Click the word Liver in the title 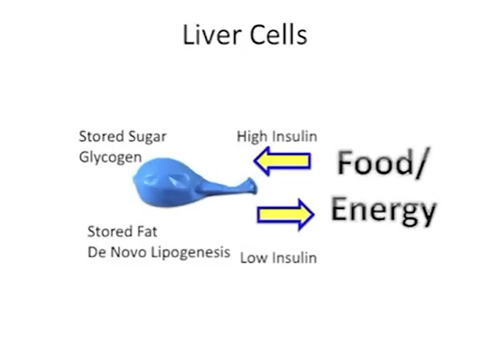(212, 34)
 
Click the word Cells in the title (279, 34)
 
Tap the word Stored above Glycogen (101, 136)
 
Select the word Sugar (148, 137)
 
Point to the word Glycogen (110, 158)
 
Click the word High (252, 137)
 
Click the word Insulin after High (295, 136)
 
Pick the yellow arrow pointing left (282, 161)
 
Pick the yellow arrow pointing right (285, 214)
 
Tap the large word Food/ (382, 163)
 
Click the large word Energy (383, 210)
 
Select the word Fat (147, 231)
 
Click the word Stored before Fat (109, 231)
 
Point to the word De (96, 252)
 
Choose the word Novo (129, 252)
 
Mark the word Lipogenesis (191, 253)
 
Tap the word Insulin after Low (295, 258)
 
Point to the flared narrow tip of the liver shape (252, 185)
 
